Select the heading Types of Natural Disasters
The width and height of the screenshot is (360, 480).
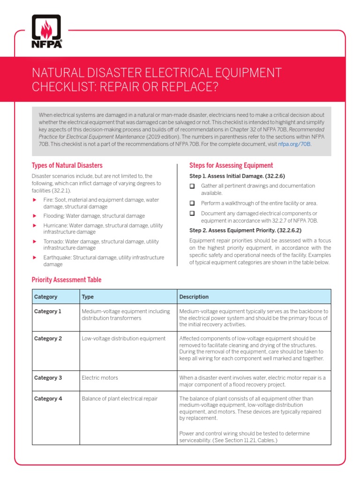coord(67,165)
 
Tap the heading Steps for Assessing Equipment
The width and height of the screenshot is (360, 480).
coord(231,165)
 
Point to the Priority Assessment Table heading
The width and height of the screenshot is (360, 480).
coord(66,280)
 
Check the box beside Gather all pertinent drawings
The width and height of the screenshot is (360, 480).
coord(192,186)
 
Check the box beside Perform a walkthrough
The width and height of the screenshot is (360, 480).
coord(192,203)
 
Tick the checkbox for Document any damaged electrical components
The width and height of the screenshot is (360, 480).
coord(192,213)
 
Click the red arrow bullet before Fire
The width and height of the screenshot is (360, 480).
coord(34,200)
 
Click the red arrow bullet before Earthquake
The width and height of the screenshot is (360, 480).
coord(34,258)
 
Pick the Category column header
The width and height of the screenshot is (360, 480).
coord(46,297)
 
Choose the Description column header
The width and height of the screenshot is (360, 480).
coord(194,297)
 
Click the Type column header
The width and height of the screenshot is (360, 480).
coord(88,297)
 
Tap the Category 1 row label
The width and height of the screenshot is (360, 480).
coord(48,311)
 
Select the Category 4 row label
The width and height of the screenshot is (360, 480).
coord(48,399)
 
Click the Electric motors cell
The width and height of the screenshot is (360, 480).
coord(100,378)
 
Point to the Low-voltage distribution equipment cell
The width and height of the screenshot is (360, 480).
coord(123,338)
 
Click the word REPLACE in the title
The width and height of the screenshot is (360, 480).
coord(189,87)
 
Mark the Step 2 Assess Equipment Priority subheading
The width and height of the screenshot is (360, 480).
coord(245,231)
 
